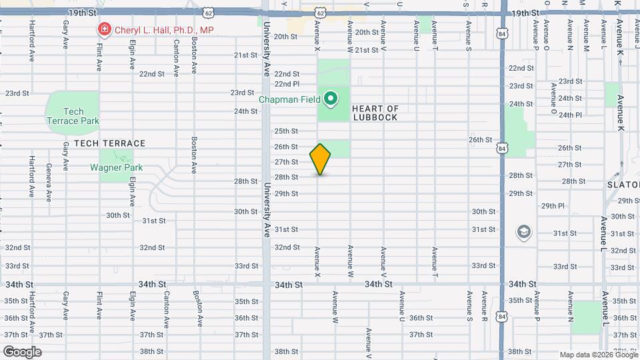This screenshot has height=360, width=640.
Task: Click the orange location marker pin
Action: (320, 159)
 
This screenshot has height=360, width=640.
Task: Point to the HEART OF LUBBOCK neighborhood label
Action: (375, 113)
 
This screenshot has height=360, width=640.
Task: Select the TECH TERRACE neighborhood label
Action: (109, 143)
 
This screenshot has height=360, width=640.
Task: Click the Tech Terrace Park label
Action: (73, 116)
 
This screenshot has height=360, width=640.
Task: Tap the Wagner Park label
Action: (112, 167)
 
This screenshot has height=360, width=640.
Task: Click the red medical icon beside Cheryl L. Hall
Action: (104, 29)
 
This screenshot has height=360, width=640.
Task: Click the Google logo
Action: (21, 352)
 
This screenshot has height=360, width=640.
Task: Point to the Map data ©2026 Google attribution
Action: (598, 355)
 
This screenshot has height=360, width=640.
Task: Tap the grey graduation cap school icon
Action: (524, 232)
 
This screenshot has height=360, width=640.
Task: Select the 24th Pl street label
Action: (570, 115)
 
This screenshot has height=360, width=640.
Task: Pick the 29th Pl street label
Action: (553, 206)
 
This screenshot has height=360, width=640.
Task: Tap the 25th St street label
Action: (286, 131)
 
